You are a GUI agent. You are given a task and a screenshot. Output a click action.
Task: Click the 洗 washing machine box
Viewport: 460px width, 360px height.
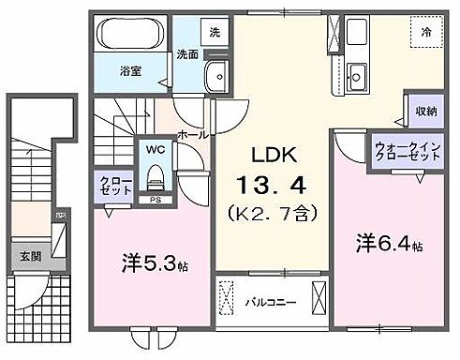tap(215, 32)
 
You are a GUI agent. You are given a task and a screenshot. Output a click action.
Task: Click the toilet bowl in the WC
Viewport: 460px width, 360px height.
tap(154, 177)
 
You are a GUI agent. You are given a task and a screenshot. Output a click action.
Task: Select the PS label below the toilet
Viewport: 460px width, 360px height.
tap(154, 200)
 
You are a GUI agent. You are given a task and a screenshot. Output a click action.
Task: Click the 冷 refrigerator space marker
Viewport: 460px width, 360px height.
tap(427, 30)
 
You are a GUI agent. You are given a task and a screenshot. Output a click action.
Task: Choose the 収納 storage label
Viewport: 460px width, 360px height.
tap(426, 112)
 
